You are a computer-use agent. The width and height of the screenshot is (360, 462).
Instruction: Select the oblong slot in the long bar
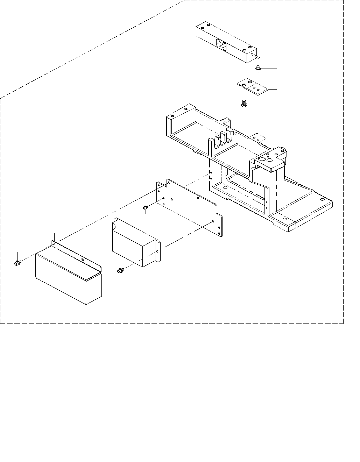[221, 43]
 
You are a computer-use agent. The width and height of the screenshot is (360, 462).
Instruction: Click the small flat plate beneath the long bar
[252, 85]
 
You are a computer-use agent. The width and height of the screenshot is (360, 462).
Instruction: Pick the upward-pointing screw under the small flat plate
[244, 103]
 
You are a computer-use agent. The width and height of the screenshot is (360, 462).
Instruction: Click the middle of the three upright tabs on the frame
[223, 137]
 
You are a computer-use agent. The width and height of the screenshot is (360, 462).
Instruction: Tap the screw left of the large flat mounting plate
[145, 208]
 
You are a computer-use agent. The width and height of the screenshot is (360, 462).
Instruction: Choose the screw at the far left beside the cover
[16, 263]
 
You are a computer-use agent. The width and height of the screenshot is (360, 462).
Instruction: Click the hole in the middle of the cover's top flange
[82, 259]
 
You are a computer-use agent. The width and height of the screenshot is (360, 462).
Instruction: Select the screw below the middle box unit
[120, 270]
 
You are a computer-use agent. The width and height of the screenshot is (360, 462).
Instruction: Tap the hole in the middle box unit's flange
[157, 251]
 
